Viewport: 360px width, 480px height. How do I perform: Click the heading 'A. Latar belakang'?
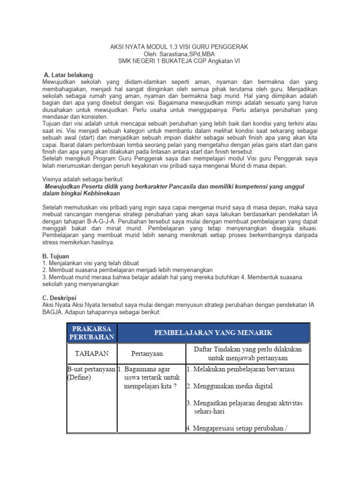[68, 75]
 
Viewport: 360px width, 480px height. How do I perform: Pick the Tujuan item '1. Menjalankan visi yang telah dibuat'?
[90, 263]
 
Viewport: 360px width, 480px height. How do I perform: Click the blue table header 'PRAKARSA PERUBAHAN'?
[92, 332]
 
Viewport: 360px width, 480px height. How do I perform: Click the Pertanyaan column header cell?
[150, 353]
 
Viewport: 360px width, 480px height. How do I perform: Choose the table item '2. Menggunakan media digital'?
[230, 386]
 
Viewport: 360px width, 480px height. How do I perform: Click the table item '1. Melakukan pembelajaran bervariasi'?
[240, 369]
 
